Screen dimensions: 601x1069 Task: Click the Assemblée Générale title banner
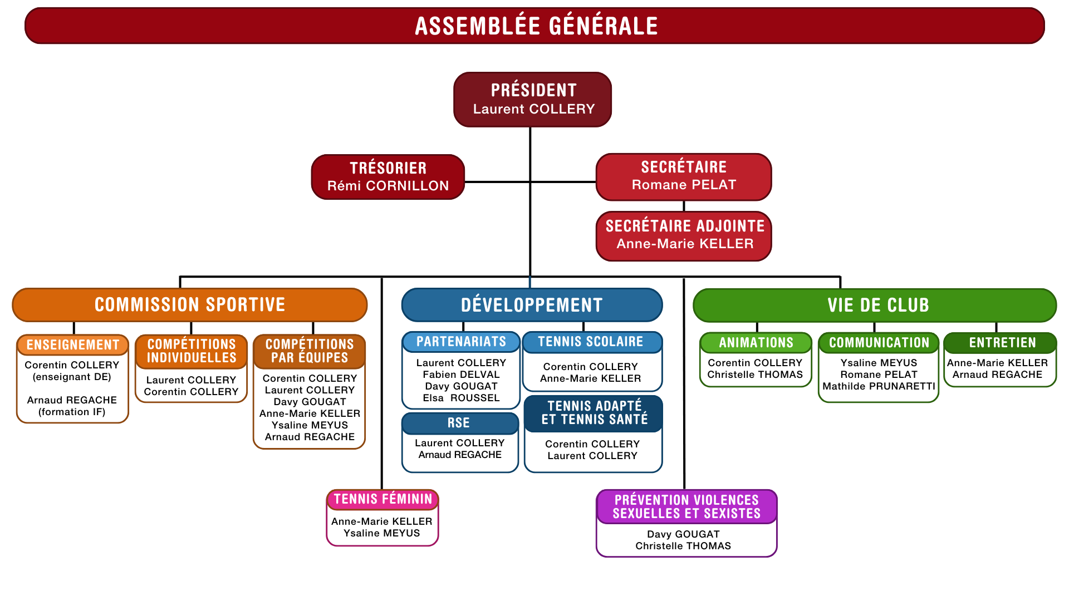(x=534, y=26)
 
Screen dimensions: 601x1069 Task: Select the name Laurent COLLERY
(x=533, y=109)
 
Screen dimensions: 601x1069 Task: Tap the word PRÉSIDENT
(x=533, y=90)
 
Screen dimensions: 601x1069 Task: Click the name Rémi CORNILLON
(x=388, y=186)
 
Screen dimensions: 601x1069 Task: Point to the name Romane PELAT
(x=684, y=185)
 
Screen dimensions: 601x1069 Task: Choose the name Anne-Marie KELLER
(x=684, y=244)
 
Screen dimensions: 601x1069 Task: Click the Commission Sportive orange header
(x=190, y=305)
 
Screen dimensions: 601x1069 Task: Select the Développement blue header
(x=532, y=305)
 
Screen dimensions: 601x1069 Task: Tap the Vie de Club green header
(x=877, y=305)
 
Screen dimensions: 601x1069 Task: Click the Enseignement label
(x=73, y=345)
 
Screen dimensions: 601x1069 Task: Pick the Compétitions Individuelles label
(x=192, y=351)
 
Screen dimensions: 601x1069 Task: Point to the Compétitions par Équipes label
(x=310, y=351)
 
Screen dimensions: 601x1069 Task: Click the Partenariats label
(x=461, y=342)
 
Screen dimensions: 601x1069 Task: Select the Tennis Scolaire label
(x=590, y=342)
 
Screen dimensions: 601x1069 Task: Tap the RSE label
(x=459, y=423)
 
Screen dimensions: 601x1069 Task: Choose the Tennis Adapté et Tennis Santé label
(x=594, y=413)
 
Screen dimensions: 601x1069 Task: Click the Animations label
(x=756, y=343)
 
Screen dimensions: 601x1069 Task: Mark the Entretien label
(x=1002, y=343)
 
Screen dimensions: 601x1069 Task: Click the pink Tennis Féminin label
(x=383, y=499)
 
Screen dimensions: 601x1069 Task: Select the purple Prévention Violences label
(x=686, y=507)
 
